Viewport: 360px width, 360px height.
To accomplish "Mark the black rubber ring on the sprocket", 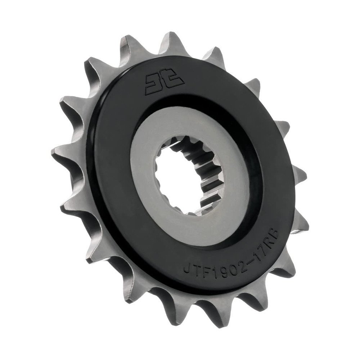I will pyautogui.click(x=108, y=202).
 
